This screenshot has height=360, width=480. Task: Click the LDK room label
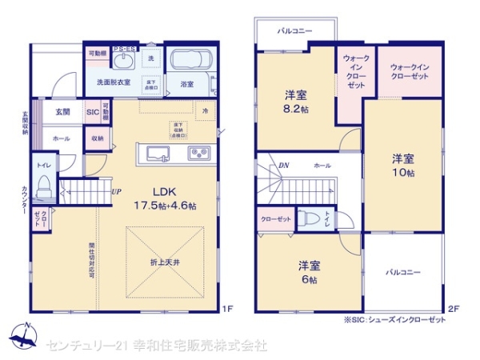pyautogui.click(x=157, y=191)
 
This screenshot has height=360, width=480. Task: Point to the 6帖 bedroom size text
pyautogui.click(x=309, y=280)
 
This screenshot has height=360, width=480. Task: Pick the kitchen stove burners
pyautogui.click(x=198, y=154)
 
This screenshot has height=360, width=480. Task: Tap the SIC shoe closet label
pyautogui.click(x=93, y=113)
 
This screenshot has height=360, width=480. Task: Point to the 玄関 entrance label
pyautogui.click(x=62, y=113)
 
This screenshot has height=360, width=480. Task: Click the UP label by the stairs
pyautogui.click(x=116, y=192)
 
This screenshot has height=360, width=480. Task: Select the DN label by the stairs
pyautogui.click(x=283, y=166)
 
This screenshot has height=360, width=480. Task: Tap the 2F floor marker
pyautogui.click(x=453, y=308)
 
